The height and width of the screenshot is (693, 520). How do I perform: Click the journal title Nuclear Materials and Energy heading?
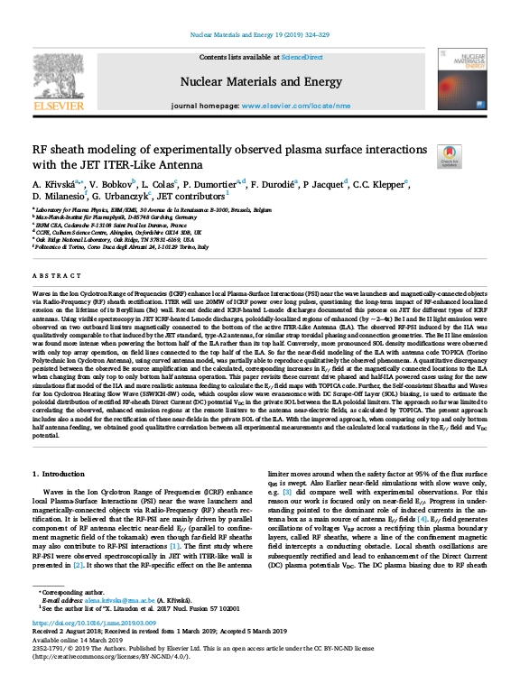(x=260, y=81)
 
